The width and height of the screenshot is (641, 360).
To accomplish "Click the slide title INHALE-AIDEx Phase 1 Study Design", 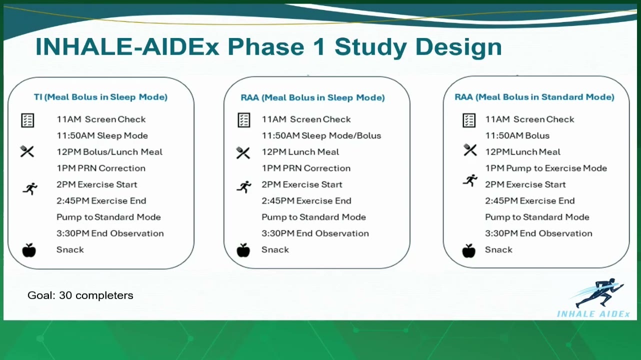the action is point(268,47).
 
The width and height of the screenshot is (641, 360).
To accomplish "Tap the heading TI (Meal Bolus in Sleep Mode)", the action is point(100,97).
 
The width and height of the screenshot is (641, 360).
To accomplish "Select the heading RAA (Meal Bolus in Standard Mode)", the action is point(534,97).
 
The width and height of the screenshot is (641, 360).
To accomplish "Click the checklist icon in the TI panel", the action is point(28,120).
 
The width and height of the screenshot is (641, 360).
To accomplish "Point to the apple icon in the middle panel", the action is point(243,250).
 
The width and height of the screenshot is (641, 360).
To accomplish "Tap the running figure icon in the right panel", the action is point(470,180).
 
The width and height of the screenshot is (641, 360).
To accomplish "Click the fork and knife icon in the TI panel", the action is point(27,151).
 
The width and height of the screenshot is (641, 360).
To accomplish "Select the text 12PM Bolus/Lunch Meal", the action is point(109,151).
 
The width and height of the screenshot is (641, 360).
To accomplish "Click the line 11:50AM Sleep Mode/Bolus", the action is point(321,135).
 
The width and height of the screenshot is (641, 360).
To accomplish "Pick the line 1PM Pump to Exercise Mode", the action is point(546,168).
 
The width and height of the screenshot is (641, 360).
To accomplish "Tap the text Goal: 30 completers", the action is point(80,295).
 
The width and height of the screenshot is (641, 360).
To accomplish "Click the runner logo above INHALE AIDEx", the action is point(598,292).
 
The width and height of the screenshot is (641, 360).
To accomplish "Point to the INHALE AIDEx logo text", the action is point(593,314).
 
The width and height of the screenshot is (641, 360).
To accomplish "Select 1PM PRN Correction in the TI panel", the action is point(101,168).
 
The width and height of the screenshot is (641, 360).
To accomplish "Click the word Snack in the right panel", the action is point(498,250).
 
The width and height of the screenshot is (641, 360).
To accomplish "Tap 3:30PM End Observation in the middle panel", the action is point(315,233).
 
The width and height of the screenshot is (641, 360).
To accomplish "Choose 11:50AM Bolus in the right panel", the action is point(517,135).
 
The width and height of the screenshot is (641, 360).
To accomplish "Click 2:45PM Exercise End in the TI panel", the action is point(101,200).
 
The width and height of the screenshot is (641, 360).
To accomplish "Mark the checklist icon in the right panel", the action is point(469,120).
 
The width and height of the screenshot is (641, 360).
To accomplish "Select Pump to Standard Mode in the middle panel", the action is point(313,217).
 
